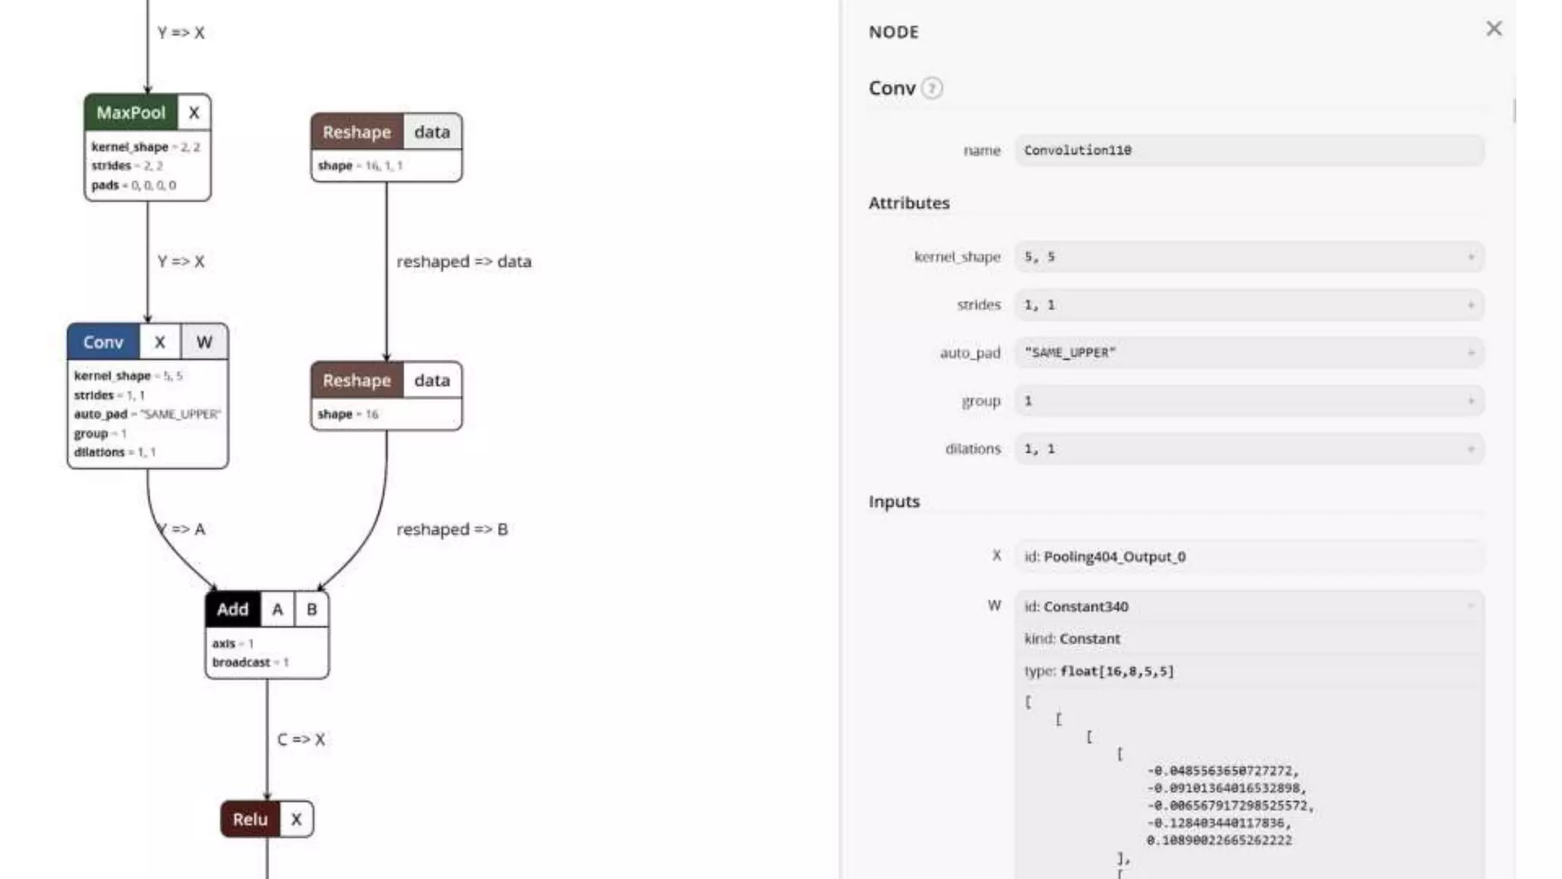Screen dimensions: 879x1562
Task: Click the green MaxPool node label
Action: pyautogui.click(x=130, y=113)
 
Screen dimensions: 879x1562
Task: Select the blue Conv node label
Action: pyautogui.click(x=103, y=342)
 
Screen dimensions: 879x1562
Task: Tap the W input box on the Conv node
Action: pyautogui.click(x=204, y=342)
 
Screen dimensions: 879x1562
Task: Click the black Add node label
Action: pyautogui.click(x=232, y=609)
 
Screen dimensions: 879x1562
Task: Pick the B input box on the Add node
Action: pyautogui.click(x=311, y=609)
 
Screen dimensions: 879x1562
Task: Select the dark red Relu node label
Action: pyautogui.click(x=249, y=819)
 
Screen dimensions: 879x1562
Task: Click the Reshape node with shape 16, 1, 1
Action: pyautogui.click(x=356, y=132)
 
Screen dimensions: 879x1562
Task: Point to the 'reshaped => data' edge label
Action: pyautogui.click(x=464, y=262)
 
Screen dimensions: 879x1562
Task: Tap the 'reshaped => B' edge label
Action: pyautogui.click(x=452, y=530)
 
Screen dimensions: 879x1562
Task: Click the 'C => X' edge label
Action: pyautogui.click(x=301, y=739)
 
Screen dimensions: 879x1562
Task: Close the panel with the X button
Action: pyautogui.click(x=1493, y=29)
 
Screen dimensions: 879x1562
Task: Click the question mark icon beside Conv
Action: pyautogui.click(x=931, y=89)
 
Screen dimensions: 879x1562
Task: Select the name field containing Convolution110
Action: pyautogui.click(x=1249, y=150)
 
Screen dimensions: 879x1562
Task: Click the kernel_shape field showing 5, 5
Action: pyautogui.click(x=1249, y=257)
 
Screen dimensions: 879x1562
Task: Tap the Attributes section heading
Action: pyautogui.click(x=908, y=203)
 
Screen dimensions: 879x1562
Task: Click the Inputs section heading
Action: pyautogui.click(x=894, y=501)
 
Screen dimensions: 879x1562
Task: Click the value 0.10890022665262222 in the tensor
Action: pyautogui.click(x=1219, y=840)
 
